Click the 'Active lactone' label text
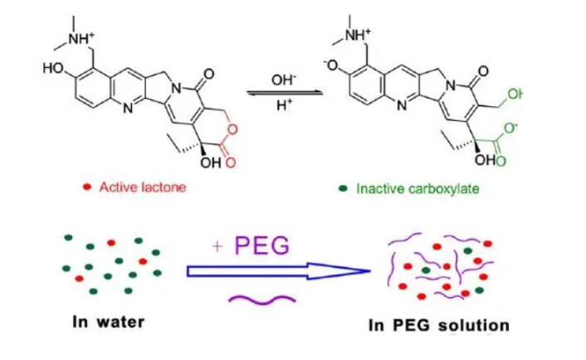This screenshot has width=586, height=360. [x=142, y=187]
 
